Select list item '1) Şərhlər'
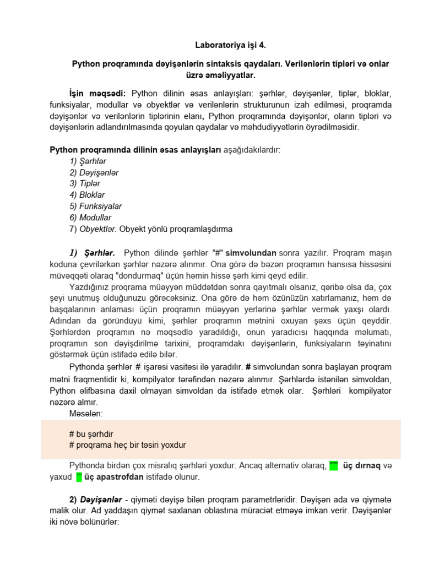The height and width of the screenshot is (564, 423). pyautogui.click(x=88, y=161)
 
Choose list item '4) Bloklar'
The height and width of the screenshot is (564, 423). pyautogui.click(x=87, y=195)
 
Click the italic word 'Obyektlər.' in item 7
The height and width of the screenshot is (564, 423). pyautogui.click(x=98, y=229)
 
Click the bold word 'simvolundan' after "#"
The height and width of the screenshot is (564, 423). pyautogui.click(x=251, y=253)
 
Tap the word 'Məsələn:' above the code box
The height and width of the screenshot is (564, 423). pyautogui.click(x=86, y=413)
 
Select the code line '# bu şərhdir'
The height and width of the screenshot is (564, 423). pyautogui.click(x=91, y=433)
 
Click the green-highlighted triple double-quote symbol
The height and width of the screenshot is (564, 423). pyautogui.click(x=333, y=466)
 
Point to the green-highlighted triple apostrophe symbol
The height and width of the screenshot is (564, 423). pyautogui.click(x=79, y=477)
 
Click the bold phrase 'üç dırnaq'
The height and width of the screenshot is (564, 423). pyautogui.click(x=362, y=466)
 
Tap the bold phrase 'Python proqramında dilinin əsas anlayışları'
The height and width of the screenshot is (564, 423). pyautogui.click(x=135, y=150)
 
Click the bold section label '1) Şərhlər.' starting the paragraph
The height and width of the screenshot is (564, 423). pyautogui.click(x=92, y=253)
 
